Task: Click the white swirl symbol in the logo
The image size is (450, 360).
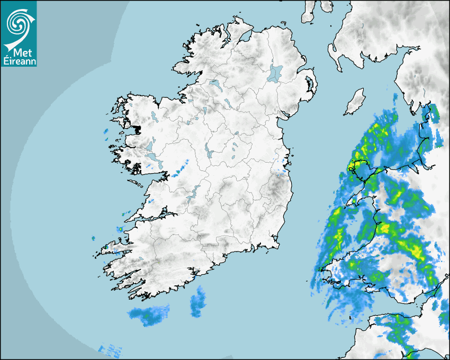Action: click(x=19, y=22)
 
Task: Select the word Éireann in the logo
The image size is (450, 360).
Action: click(x=19, y=61)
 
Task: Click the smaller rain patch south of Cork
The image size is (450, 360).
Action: click(x=198, y=303)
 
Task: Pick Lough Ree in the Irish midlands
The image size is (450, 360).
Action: click(x=209, y=151)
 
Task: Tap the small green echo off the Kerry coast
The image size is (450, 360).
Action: click(x=121, y=229)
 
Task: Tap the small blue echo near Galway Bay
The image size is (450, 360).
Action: click(x=178, y=170)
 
